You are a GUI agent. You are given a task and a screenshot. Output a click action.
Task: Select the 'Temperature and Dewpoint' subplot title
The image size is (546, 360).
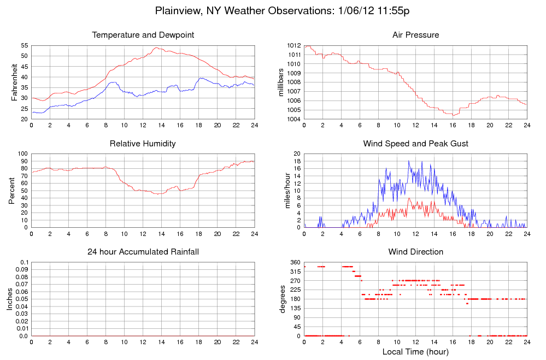coord(143,35)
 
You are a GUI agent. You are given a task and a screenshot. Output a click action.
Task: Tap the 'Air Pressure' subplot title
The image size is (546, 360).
coord(415,35)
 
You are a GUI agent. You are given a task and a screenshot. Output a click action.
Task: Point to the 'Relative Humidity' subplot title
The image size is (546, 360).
coord(143,144)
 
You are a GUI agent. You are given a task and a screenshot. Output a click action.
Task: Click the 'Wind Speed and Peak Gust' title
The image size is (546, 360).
coord(415,144)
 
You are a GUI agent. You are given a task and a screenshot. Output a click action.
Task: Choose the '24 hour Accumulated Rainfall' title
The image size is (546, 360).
coord(143,252)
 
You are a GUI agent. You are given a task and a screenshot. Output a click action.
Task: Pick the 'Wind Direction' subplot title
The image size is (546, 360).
coord(415,252)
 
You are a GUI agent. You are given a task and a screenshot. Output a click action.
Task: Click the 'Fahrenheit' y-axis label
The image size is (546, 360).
coord(14,82)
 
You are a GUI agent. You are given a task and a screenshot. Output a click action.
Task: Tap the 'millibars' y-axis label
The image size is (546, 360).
coord(281,82)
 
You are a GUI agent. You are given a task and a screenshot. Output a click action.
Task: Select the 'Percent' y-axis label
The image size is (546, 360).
coord(12,191)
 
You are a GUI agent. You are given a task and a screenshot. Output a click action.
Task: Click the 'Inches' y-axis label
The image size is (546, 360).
coord(10,299)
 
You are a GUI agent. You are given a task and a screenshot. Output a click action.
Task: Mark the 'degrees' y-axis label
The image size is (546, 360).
coord(283,299)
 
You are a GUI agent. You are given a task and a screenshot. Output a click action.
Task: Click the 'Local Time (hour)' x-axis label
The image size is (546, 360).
coord(415,351)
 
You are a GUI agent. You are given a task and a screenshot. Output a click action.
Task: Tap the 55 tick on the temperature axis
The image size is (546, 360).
coord(25,45)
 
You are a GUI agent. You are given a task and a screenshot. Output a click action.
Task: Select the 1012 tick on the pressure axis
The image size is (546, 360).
coord(293,45)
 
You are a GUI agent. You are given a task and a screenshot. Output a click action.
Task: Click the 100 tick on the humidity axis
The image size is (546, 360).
coord(22,154)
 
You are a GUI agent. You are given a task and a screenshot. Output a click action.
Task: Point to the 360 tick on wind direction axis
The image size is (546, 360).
coord(295,263)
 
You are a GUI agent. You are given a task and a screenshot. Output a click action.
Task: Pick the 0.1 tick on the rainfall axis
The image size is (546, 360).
coord(24,263)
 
